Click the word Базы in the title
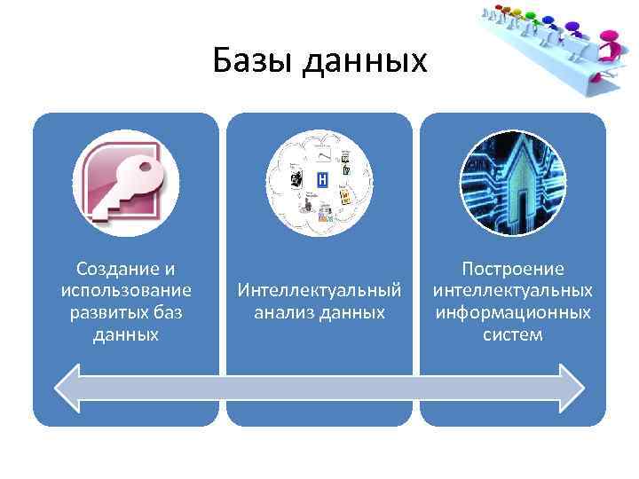click(x=254, y=60)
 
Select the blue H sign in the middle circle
click(x=321, y=180)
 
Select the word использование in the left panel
click(x=126, y=291)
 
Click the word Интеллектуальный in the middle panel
click(x=319, y=290)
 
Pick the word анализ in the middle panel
click(x=283, y=312)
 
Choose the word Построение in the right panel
click(x=513, y=269)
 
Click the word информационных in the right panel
click(x=513, y=312)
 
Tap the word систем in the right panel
click(x=513, y=334)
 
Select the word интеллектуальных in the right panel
click(x=513, y=291)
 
